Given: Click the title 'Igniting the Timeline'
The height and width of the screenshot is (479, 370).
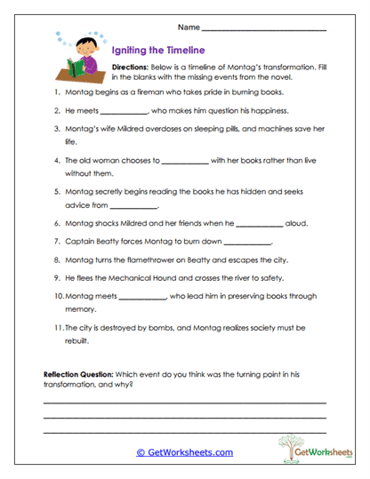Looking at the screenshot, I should (158, 51).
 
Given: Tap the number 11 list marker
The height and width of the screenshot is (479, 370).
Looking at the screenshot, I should (57, 329).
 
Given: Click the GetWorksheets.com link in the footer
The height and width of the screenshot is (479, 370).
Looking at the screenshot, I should (184, 451).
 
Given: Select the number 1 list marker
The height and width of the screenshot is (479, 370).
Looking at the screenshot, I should (58, 92).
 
